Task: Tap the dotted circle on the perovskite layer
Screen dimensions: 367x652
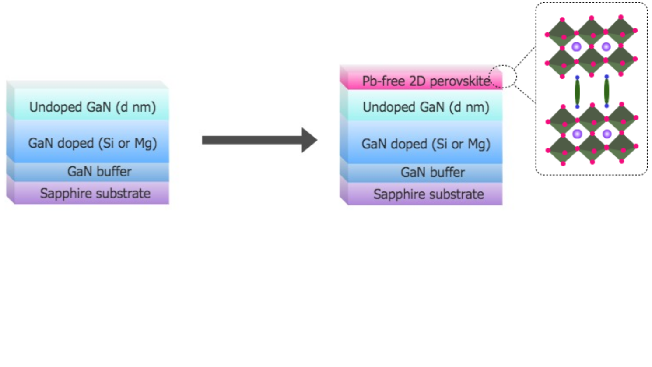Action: tap(503, 77)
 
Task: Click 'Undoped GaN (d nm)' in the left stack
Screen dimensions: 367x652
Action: tap(92, 107)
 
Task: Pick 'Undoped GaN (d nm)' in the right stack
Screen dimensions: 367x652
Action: tap(426, 107)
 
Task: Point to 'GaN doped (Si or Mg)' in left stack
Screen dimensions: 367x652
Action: tap(92, 143)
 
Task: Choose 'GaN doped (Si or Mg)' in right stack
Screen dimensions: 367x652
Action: tap(426, 144)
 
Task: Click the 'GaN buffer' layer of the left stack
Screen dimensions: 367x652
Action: tap(99, 171)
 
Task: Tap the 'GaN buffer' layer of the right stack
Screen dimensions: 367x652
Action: tap(433, 172)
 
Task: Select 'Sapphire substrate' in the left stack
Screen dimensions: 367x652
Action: tap(95, 193)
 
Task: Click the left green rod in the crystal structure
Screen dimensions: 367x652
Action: tap(577, 92)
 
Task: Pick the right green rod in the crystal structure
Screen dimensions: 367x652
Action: tap(606, 91)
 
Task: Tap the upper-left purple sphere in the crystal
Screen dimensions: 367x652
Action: tap(576, 46)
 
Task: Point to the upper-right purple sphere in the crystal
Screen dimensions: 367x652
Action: tap(606, 46)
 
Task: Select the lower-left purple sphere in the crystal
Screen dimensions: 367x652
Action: tap(577, 134)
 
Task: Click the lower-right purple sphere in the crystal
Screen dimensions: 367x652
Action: tap(607, 134)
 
